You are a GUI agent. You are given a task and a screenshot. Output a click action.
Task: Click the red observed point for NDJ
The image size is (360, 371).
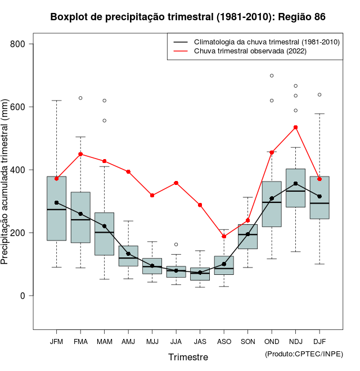coord(295,127)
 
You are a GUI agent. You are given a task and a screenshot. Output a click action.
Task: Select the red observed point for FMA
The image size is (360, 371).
coord(80,154)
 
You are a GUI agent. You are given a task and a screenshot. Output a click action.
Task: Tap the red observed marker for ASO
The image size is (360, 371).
coord(224,236)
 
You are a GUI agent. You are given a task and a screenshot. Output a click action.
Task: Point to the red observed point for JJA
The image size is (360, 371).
coord(176,183)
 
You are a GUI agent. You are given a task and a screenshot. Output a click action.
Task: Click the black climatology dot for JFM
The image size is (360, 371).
coord(56,202)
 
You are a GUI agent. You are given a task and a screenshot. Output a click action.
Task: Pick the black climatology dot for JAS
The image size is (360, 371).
coord(200,273)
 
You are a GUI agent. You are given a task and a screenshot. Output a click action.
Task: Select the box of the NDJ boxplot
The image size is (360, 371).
coord(295,188)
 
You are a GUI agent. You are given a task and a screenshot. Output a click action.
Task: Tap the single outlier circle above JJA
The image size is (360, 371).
coord(176,245)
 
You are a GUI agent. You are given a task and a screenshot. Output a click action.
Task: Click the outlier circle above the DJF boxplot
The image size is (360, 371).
coord(319,94)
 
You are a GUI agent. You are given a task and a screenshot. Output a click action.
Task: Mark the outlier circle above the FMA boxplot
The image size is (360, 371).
coord(80,98)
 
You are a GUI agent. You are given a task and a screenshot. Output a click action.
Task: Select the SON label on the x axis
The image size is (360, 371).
coord(247,342)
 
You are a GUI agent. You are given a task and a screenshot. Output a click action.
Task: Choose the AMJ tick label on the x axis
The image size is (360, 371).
coord(128,342)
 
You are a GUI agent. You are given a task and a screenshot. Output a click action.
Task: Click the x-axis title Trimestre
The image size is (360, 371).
coord(188,357)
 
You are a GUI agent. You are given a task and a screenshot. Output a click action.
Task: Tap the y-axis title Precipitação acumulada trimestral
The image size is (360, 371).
coord(6,182)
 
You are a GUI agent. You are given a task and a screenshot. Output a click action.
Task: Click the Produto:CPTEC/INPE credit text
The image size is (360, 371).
coord(304,354)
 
